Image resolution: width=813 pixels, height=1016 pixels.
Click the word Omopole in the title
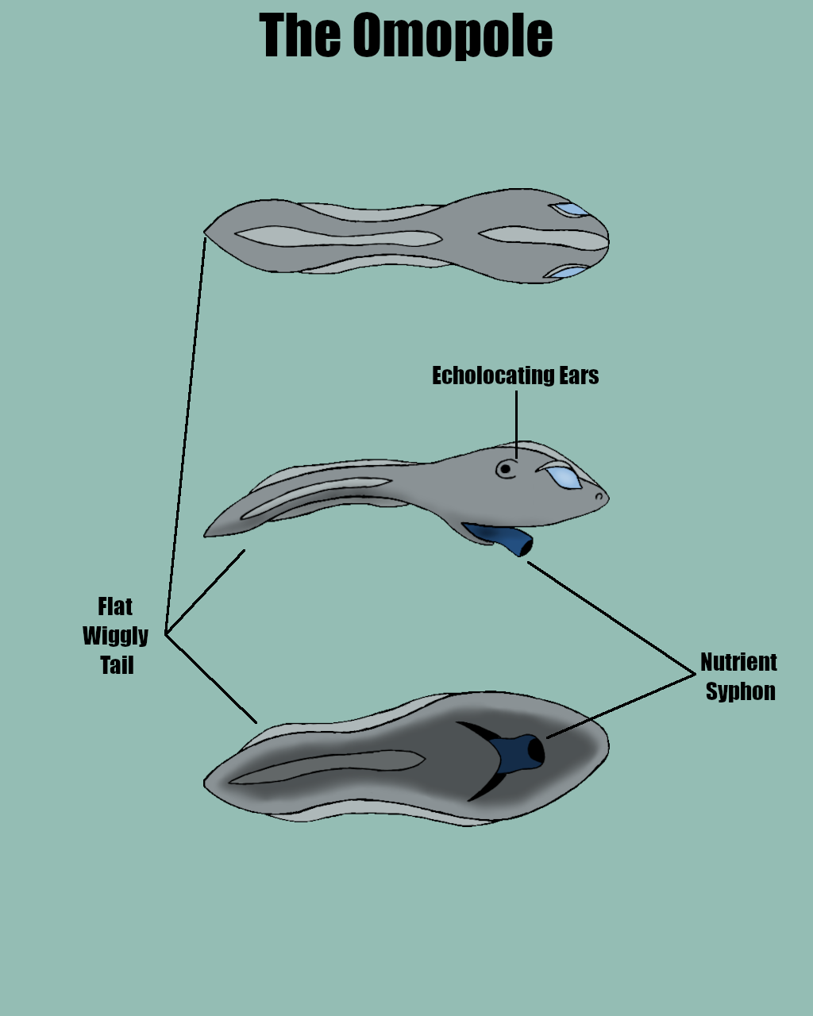click(x=453, y=36)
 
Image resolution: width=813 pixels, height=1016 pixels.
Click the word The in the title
click(x=299, y=36)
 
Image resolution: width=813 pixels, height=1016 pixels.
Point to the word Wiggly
click(x=116, y=636)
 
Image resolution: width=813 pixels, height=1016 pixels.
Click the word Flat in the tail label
click(x=115, y=607)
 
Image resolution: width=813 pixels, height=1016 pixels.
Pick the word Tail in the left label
click(x=117, y=665)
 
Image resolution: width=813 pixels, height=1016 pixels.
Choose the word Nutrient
click(x=738, y=662)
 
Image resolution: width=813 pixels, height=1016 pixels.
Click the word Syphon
click(x=740, y=691)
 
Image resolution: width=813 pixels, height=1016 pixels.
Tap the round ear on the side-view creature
click(x=505, y=469)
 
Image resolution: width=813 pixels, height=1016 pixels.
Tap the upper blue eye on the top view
click(x=570, y=210)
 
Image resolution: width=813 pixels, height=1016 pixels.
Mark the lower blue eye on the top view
click(x=568, y=272)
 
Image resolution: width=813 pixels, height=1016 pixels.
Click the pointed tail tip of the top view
click(x=206, y=233)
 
